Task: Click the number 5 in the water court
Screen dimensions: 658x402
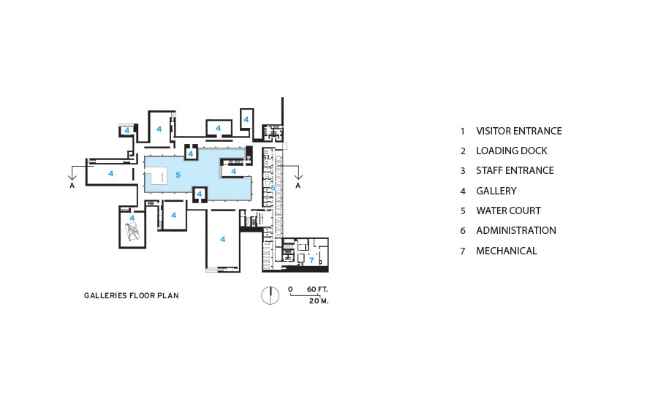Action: (x=178, y=175)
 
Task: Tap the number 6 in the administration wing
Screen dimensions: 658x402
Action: (x=273, y=188)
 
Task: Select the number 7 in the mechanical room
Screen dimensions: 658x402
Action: (x=311, y=260)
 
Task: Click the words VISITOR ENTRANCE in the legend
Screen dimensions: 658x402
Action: (x=518, y=131)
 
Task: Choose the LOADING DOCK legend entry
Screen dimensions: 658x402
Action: (x=512, y=151)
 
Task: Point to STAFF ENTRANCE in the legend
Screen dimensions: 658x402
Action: (x=515, y=170)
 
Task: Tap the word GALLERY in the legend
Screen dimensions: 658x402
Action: (x=496, y=191)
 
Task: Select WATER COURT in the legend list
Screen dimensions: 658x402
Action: (x=508, y=211)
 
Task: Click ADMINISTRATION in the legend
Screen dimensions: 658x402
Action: (x=515, y=230)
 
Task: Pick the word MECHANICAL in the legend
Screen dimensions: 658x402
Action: (x=507, y=251)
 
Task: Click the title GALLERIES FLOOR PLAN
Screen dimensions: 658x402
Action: (x=132, y=295)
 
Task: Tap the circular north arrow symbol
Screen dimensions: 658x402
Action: (x=271, y=295)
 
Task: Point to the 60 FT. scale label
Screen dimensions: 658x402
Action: (x=317, y=289)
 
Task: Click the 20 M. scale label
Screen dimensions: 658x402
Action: (x=319, y=301)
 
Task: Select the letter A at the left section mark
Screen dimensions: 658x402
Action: (x=72, y=186)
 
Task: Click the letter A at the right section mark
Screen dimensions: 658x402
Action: (x=298, y=186)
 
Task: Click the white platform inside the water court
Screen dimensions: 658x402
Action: (x=156, y=175)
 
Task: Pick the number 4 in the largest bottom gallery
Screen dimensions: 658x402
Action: (x=223, y=239)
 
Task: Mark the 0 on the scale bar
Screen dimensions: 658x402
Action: (x=290, y=289)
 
